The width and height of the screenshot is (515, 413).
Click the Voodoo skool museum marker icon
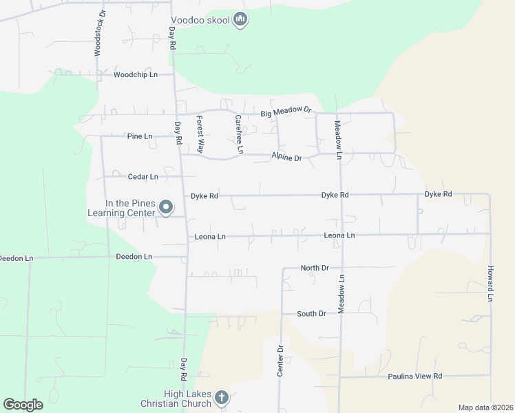pyautogui.click(x=240, y=20)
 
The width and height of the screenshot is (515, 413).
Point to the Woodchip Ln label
pyautogui.click(x=136, y=74)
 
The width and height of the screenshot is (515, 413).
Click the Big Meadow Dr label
pyautogui.click(x=286, y=112)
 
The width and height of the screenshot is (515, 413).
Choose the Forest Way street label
pyautogui.click(x=201, y=134)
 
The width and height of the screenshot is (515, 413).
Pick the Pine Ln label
pyautogui.click(x=140, y=136)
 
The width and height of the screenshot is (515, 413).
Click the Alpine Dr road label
pyautogui.click(x=286, y=158)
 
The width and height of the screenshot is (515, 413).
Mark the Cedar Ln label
pyautogui.click(x=143, y=177)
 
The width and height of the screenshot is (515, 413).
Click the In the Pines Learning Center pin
pyautogui.click(x=166, y=206)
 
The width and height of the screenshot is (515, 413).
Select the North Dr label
pyautogui.click(x=315, y=267)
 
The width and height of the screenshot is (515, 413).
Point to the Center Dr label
pyautogui.click(x=280, y=360)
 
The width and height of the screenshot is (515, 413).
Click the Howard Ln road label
pyautogui.click(x=490, y=283)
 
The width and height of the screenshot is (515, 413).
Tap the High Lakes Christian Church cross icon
pyautogui.click(x=221, y=397)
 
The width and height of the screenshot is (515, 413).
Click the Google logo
pyautogui.click(x=23, y=405)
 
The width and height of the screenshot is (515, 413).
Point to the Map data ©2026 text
pyautogui.click(x=485, y=407)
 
